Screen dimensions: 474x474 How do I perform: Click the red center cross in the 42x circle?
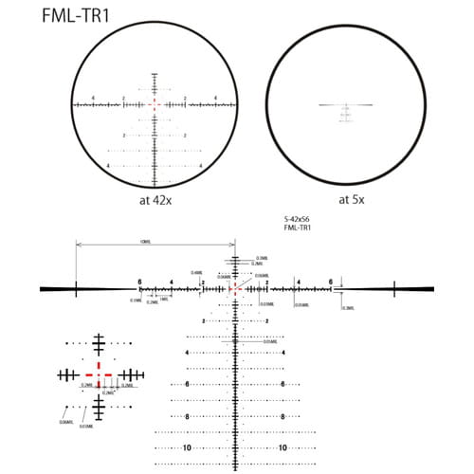pyautogui.click(x=154, y=104)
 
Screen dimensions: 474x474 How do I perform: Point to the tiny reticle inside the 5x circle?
pyautogui.click(x=344, y=107)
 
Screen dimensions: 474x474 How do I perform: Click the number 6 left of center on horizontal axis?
pyautogui.click(x=139, y=282)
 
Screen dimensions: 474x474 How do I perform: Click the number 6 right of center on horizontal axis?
pyautogui.click(x=330, y=282)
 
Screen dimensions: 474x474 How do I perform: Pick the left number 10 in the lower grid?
pyautogui.click(x=188, y=447)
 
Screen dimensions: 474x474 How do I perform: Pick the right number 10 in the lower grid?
pyautogui.click(x=282, y=447)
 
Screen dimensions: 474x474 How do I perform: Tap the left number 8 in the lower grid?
pyautogui.click(x=188, y=416)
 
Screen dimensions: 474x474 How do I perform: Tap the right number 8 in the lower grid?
pyautogui.click(x=282, y=416)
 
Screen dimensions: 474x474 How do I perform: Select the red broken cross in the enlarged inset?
pyautogui.click(x=99, y=374)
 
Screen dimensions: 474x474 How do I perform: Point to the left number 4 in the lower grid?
pyautogui.click(x=188, y=353)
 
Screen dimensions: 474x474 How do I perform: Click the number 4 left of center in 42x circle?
pyautogui.click(x=95, y=99)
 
